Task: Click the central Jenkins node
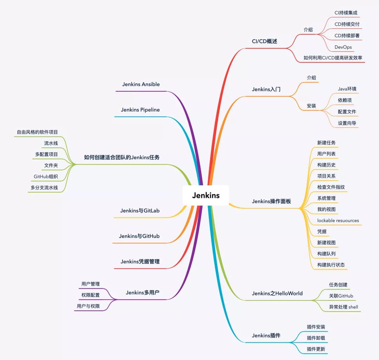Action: tap(206, 195)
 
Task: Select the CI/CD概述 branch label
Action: tap(264, 41)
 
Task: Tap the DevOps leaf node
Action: tap(343, 47)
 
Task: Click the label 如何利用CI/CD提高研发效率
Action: tap(333, 58)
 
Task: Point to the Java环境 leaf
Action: tap(347, 89)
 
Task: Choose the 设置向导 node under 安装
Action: tap(347, 123)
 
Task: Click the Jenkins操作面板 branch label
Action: tap(271, 201)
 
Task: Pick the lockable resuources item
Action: tap(338, 220)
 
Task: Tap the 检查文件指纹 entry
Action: tap(331, 187)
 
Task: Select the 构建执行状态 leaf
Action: tap(331, 265)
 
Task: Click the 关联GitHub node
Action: tap(341, 296)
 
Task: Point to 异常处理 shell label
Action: tap(343, 307)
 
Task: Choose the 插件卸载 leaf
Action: tap(316, 338)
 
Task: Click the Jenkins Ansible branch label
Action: tap(141, 84)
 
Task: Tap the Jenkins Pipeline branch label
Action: tap(140, 110)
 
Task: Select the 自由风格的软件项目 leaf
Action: tap(37, 132)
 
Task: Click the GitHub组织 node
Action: tap(46, 176)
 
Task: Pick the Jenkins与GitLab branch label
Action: tap(140, 211)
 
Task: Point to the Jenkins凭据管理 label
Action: tap(140, 262)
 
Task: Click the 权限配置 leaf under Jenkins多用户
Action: tap(91, 295)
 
